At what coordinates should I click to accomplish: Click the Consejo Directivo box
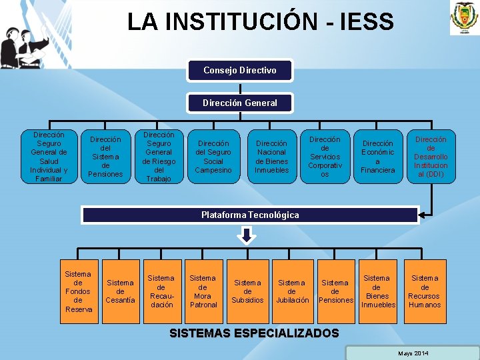coord(239,70)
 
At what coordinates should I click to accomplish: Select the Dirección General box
coord(239,103)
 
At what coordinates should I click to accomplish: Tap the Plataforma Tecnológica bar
coord(250,215)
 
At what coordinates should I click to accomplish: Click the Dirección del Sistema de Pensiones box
coord(105,157)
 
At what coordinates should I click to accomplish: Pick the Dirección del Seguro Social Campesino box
coord(213,157)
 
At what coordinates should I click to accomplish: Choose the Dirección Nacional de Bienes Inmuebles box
coord(271,157)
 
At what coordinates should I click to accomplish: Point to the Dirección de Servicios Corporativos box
coord(325,157)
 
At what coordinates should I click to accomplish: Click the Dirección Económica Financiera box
coord(378,157)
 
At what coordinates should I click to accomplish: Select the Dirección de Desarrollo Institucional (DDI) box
coord(431,157)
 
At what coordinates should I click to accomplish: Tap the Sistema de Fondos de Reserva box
coord(79,291)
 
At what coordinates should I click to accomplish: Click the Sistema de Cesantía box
coord(120,291)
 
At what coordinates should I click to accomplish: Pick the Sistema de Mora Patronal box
coord(203,291)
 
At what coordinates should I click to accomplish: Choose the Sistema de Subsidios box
coord(247,291)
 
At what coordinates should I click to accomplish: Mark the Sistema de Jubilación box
coord(291,291)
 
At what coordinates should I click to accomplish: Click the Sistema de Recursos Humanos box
coord(425,291)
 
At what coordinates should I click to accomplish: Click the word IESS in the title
coord(366,22)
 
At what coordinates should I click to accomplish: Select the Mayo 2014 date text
coord(413,353)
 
